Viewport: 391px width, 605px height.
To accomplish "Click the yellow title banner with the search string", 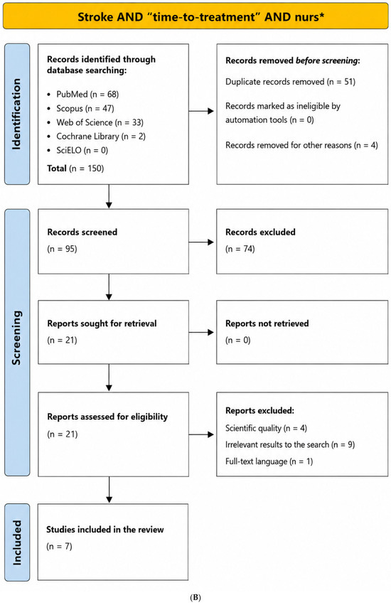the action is pos(195,16).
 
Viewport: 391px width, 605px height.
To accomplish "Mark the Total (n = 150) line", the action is pos(75,168).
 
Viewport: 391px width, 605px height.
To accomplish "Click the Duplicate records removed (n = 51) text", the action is pos(290,82).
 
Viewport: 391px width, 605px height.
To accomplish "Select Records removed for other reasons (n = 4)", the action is pos(301,145).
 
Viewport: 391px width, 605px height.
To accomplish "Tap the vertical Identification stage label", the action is pos(16,114).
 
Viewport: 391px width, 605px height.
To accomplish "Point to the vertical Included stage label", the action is pos(16,542).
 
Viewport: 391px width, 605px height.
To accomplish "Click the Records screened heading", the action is pos(82,232).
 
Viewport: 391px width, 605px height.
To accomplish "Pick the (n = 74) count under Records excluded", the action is pos(240,249).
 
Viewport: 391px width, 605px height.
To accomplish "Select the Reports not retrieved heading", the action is pos(267,323).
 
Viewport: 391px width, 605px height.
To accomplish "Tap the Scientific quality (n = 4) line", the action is pos(267,428).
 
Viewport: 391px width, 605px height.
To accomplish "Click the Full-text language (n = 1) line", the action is pos(269,461).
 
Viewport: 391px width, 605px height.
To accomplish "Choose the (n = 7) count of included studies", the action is pos(59,547).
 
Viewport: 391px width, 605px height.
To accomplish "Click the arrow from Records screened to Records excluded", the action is pos(201,242).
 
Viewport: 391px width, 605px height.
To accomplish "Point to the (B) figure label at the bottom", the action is pos(195,598).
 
